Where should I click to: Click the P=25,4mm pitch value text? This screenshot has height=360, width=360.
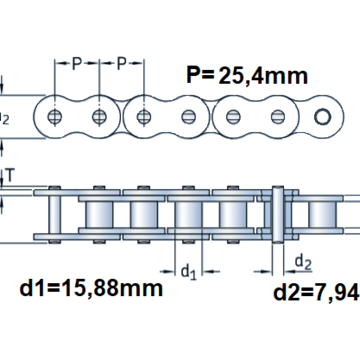pos(247,76)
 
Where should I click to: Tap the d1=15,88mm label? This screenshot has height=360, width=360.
pos(91,289)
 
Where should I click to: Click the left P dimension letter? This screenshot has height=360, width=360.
pos(77,63)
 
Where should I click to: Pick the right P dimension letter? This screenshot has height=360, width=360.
pos(121,63)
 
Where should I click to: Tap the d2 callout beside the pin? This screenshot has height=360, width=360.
pos(303,262)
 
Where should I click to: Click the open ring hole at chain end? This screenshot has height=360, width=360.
pos(322,116)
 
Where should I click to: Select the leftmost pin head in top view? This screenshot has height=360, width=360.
pos(55,116)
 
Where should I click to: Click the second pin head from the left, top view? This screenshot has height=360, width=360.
pos(99,116)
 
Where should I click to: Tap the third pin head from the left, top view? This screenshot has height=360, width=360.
pos(144,116)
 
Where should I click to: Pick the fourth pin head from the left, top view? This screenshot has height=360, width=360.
pos(188,116)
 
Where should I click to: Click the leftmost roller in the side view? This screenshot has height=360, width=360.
pos(99,214)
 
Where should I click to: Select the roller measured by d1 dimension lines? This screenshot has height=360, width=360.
pos(188,214)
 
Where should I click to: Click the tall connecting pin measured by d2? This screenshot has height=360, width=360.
pos(277,214)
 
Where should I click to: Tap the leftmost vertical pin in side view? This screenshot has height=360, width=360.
pos(55,214)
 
